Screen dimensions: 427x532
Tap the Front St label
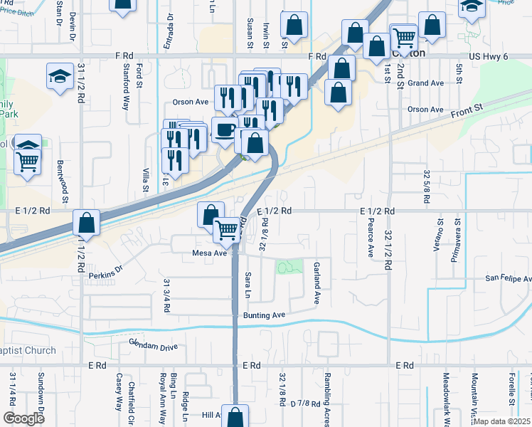point(467,109)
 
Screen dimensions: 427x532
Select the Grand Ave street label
point(426,83)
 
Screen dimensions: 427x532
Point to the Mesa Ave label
point(209,253)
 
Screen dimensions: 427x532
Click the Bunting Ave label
point(262,315)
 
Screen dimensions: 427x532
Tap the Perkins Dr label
point(107,270)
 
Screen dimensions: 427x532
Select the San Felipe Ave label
point(508,278)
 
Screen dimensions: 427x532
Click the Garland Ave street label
point(316,283)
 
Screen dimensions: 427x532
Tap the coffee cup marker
point(225,130)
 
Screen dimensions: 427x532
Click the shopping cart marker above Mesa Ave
point(227,229)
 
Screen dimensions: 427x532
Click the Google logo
point(23,418)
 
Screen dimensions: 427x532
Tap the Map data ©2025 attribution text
point(502,421)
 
